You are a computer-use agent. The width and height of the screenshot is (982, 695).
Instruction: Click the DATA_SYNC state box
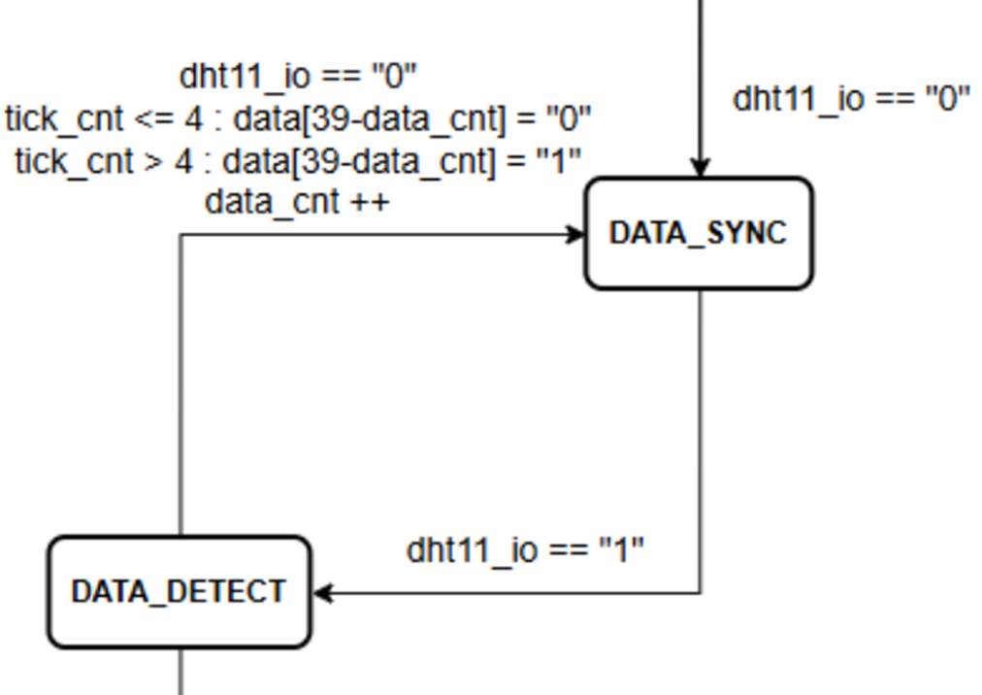click(699, 233)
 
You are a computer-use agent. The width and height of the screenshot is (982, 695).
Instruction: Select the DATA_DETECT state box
click(180, 592)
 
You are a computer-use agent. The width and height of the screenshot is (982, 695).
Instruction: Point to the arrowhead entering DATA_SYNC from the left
click(576, 234)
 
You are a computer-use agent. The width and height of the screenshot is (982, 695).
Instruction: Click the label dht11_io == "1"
click(525, 550)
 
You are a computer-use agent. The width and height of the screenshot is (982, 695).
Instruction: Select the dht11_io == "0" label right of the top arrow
click(851, 99)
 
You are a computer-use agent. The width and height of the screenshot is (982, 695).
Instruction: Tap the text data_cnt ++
click(297, 203)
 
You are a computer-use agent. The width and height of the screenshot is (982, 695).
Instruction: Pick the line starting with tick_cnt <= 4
click(298, 119)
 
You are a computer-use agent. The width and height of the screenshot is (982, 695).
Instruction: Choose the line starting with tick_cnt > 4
click(298, 161)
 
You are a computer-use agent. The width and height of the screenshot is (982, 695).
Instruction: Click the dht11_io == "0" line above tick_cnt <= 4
click(298, 76)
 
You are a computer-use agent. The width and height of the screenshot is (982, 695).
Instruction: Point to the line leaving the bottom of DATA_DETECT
click(180, 672)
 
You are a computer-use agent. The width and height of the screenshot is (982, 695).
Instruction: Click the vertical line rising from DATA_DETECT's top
click(180, 388)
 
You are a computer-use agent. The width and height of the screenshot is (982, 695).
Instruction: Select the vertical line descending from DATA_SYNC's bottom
click(701, 437)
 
